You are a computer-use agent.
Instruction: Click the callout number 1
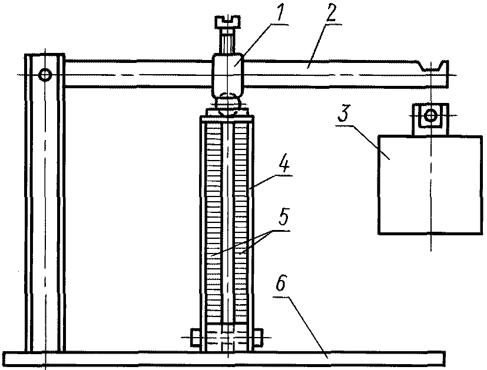(x=280, y=14)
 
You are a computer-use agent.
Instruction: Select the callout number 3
(x=343, y=114)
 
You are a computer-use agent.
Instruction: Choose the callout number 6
(x=280, y=283)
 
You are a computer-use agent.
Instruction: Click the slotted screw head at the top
(x=227, y=21)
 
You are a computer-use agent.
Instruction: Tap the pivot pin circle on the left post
(x=46, y=75)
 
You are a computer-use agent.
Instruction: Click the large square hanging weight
(x=430, y=185)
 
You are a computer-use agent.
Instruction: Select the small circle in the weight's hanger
(x=430, y=116)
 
